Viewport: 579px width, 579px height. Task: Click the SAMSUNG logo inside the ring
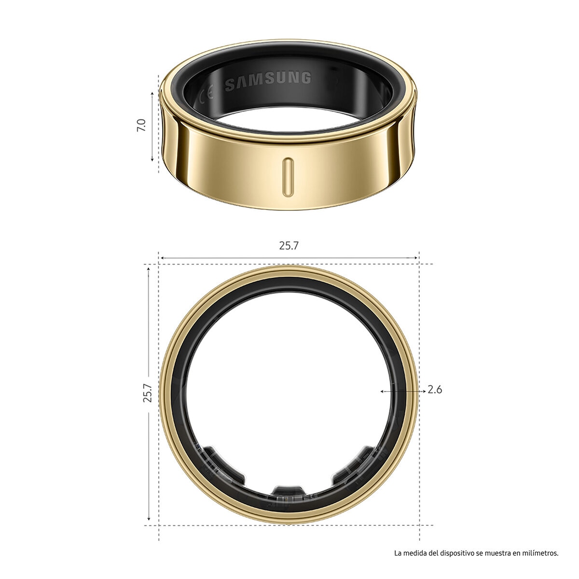[268, 80]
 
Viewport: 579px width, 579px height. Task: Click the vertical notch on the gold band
[288, 177]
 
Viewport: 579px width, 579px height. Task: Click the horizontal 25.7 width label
[289, 246]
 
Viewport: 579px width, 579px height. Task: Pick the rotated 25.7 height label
[148, 393]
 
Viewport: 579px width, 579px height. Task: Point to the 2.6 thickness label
[435, 390]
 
